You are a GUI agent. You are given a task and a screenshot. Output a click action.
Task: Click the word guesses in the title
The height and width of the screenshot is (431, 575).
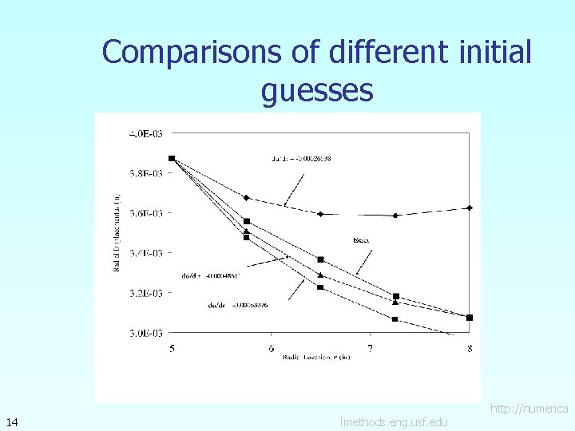click(x=317, y=91)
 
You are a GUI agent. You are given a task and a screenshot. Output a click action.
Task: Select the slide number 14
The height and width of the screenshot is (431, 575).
click(x=12, y=421)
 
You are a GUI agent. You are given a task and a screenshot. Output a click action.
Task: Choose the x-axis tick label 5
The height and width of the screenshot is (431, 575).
click(x=172, y=347)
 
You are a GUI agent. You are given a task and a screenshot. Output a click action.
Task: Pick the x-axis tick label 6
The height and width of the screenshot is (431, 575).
click(x=272, y=347)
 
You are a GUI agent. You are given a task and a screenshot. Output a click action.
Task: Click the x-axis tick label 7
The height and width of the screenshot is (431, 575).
click(x=370, y=347)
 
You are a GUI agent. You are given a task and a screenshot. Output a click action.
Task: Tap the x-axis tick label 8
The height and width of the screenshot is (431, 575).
click(x=470, y=347)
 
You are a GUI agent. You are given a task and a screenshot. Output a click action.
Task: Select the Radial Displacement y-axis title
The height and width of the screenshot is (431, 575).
click(x=117, y=231)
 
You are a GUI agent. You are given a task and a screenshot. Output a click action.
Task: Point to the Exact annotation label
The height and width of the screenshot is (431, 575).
click(x=361, y=239)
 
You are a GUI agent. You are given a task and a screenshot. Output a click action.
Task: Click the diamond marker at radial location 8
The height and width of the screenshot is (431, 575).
click(x=470, y=208)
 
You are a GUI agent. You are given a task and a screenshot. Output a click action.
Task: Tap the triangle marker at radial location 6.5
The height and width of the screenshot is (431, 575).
click(x=320, y=275)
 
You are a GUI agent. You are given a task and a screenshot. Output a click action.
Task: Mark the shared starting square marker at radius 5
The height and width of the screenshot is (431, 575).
click(x=172, y=158)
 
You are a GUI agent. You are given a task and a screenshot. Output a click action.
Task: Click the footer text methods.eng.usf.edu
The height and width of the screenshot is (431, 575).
click(x=394, y=421)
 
